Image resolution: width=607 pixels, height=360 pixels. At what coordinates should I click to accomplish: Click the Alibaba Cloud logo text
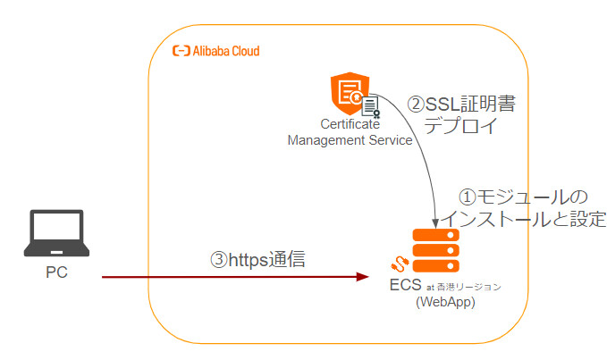[216, 52]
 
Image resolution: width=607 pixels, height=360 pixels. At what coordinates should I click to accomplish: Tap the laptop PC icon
[55, 234]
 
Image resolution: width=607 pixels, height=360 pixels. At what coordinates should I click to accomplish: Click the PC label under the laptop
[55, 272]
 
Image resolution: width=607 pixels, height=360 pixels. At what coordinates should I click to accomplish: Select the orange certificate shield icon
[348, 96]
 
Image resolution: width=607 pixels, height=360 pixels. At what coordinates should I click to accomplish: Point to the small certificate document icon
[370, 107]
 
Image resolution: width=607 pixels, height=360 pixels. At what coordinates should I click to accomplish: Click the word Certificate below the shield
[350, 125]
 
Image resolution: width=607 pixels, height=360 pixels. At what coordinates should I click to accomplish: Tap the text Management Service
[350, 139]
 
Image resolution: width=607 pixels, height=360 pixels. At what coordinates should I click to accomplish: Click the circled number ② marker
[416, 104]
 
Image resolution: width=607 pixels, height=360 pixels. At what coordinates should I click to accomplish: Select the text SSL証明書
[470, 104]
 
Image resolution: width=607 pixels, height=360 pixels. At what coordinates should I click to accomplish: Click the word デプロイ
[456, 126]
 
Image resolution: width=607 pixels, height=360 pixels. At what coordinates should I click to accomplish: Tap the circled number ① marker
[468, 196]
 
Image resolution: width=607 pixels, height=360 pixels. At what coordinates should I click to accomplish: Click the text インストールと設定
[525, 218]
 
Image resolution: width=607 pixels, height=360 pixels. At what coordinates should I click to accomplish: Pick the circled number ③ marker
[219, 260]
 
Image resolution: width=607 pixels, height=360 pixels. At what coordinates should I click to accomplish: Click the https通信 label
[266, 260]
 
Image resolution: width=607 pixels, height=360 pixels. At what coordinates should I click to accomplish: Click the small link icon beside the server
[400, 264]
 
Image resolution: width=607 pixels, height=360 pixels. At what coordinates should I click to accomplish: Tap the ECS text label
[404, 286]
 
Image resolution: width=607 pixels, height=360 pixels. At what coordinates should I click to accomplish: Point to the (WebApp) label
[444, 303]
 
